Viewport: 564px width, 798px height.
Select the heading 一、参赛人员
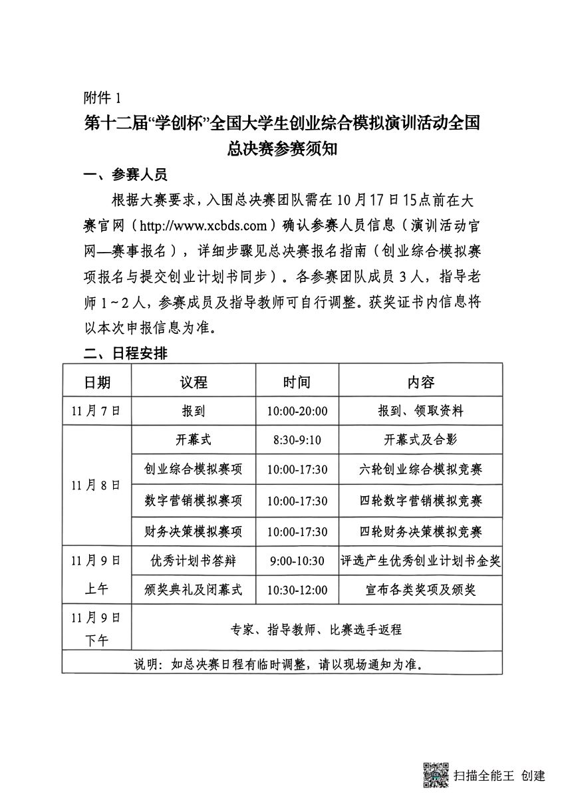pyautogui.click(x=124, y=175)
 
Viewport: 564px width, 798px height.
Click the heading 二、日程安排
pyautogui.click(x=124, y=353)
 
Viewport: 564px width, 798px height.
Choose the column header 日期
pyautogui.click(x=97, y=382)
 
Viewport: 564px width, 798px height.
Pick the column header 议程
pyautogui.click(x=194, y=382)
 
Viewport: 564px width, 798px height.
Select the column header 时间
pyautogui.click(x=297, y=382)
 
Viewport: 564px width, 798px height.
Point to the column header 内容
pyautogui.click(x=420, y=382)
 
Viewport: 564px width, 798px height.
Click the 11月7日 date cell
pyautogui.click(x=97, y=411)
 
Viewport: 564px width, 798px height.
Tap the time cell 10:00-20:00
pyautogui.click(x=297, y=411)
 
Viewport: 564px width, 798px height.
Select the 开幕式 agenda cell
pyautogui.click(x=194, y=440)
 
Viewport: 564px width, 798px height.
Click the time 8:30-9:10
pyautogui.click(x=297, y=440)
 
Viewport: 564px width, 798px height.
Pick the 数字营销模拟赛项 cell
pyautogui.click(x=194, y=500)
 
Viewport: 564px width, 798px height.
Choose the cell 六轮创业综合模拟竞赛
pyautogui.click(x=420, y=470)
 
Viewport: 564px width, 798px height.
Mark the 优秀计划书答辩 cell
pyautogui.click(x=194, y=561)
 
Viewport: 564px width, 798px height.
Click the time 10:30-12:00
pyautogui.click(x=297, y=590)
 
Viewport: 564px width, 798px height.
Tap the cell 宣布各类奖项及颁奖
pyautogui.click(x=420, y=590)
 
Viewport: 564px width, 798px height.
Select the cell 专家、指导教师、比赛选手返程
pyautogui.click(x=316, y=628)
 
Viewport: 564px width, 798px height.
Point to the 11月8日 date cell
pyautogui.click(x=97, y=485)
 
